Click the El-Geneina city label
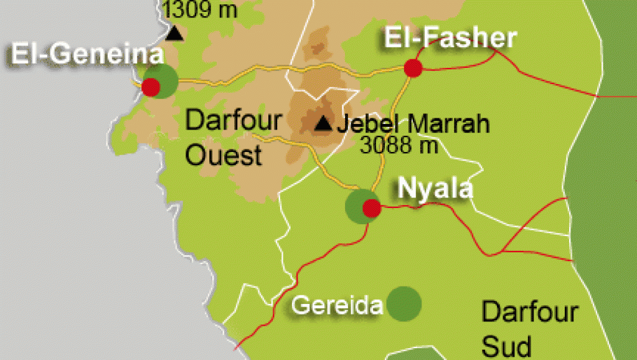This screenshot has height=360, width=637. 87,55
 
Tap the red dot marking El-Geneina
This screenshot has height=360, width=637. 151,87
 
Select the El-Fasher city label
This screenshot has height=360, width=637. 450,39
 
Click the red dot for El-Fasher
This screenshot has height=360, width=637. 413,67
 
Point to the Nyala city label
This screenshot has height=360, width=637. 435,188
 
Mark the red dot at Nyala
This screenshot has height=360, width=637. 371,207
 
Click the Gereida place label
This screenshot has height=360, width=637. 336,306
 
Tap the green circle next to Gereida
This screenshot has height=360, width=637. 403,304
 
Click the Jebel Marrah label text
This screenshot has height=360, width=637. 413,124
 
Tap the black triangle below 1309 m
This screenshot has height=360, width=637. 176,33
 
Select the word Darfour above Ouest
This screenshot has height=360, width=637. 234,121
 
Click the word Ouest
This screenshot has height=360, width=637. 224,155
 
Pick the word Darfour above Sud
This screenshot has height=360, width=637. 531,312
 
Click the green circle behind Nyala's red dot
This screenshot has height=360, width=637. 359,206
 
